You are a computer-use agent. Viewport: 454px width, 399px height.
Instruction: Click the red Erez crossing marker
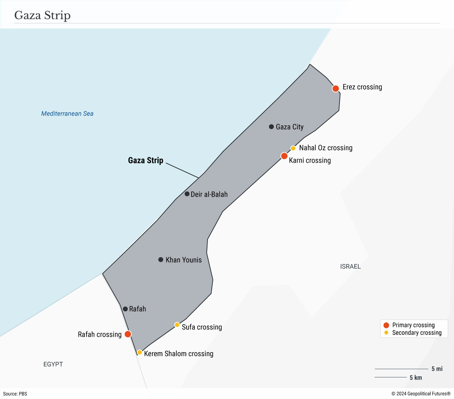pos(336,89)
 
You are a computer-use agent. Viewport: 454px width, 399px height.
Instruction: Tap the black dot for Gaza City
pos(271,127)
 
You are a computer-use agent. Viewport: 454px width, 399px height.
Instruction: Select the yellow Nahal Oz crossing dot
pos(293,148)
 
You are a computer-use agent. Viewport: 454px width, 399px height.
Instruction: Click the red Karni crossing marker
pos(284,156)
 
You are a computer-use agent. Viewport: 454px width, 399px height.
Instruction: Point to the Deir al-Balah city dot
pos(187,194)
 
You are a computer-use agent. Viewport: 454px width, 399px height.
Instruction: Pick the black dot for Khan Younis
pos(161,260)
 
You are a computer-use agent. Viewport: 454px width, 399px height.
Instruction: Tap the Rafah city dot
pos(125,309)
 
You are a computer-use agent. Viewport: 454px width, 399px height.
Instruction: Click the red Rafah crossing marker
pos(128,334)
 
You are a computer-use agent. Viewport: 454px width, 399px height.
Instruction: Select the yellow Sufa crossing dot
pos(177,325)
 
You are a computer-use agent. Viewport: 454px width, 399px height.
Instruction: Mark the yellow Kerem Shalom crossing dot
pos(140,353)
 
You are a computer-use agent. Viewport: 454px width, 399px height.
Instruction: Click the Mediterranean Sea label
pos(67,114)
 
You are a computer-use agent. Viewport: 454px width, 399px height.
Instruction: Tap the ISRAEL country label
pos(350,266)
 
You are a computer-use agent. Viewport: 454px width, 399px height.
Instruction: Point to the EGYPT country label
pos(53,364)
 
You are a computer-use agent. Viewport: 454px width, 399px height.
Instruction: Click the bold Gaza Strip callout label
pos(145,161)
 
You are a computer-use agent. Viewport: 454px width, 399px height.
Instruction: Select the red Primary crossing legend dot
pos(386,325)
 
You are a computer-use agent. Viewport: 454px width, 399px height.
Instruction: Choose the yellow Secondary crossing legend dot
pos(386,333)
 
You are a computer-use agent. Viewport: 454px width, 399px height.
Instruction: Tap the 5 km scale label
pos(416,378)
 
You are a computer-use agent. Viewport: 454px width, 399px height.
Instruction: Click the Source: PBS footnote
pos(15,394)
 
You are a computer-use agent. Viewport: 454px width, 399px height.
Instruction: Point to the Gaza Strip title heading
pos(43,15)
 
